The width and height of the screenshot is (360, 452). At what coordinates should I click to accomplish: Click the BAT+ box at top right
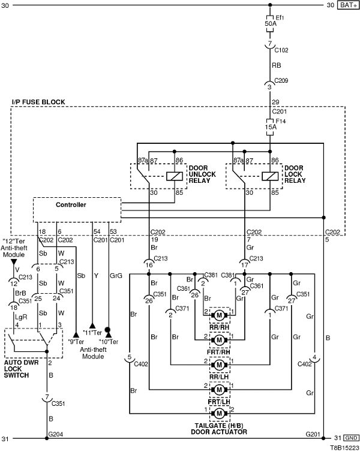(x=347, y=5)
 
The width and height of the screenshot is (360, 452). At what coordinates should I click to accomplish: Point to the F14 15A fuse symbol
(x=270, y=126)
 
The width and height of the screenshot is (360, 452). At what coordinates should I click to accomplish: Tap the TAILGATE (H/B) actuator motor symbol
(x=220, y=413)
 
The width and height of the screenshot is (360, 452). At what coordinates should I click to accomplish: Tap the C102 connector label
(x=281, y=51)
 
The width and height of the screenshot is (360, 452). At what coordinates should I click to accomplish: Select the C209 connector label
(x=281, y=80)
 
